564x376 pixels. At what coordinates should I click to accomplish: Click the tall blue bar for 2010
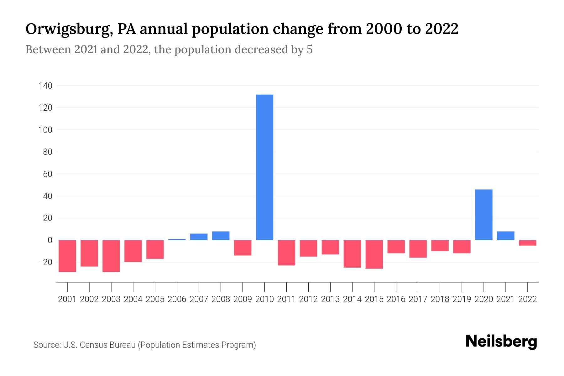coord(264,167)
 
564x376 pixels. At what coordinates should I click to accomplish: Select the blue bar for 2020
coord(483,215)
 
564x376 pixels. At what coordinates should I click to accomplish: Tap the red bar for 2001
coord(67,256)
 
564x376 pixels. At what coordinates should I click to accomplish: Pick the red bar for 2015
coord(374,254)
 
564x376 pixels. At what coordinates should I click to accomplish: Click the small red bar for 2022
coord(527,243)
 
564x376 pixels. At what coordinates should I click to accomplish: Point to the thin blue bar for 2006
coord(177,240)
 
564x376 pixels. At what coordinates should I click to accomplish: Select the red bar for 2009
coord(243,248)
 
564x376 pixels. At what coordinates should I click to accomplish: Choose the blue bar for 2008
coord(221,236)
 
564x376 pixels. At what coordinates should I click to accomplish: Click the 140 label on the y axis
coord(45,86)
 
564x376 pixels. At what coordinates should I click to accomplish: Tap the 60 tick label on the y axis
coord(48,174)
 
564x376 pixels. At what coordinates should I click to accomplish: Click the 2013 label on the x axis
coord(330,299)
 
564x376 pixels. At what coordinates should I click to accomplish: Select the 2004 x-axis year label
coord(133,299)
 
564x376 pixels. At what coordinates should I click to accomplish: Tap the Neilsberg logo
coord(501,342)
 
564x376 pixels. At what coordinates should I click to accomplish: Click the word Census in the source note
coord(93,345)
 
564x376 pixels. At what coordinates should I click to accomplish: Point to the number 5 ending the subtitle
coord(310,50)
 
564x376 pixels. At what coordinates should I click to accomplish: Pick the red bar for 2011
coord(286,253)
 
